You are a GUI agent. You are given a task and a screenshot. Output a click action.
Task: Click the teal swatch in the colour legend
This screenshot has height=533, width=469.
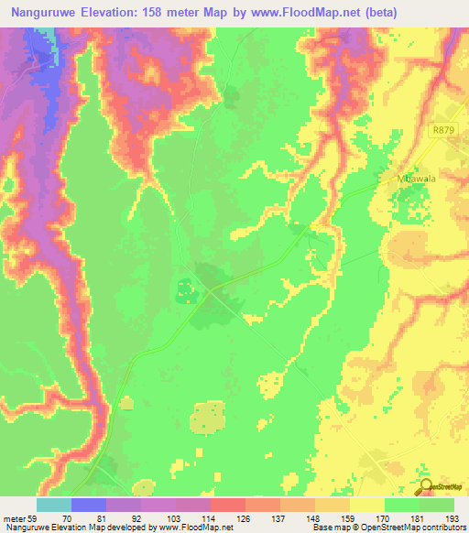pos(53,505)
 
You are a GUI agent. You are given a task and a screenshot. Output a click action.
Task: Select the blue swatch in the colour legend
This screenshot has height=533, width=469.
pos(88,505)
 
